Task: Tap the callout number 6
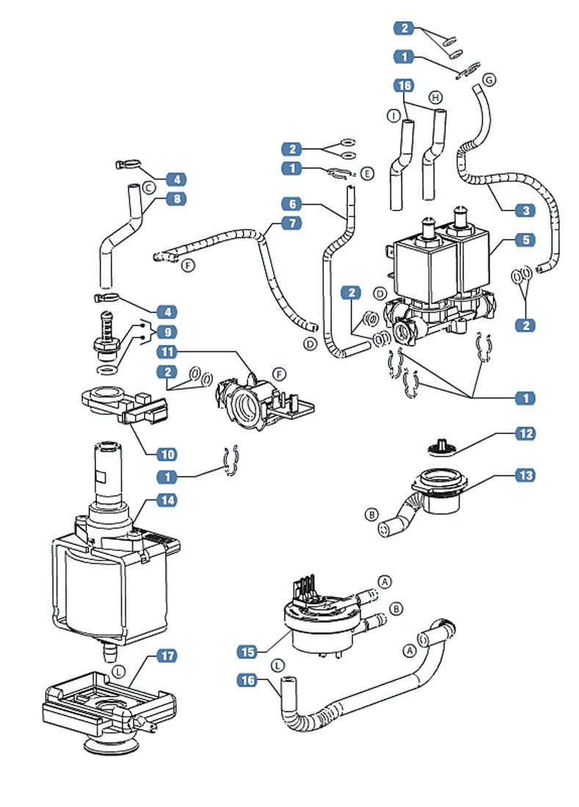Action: click(x=292, y=202)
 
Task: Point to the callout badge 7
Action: click(x=292, y=222)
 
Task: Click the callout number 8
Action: click(x=176, y=198)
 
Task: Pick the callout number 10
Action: click(x=169, y=453)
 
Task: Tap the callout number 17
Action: click(x=169, y=654)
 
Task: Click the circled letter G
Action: click(x=489, y=78)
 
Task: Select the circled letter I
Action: click(x=394, y=117)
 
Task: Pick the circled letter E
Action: click(x=368, y=173)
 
